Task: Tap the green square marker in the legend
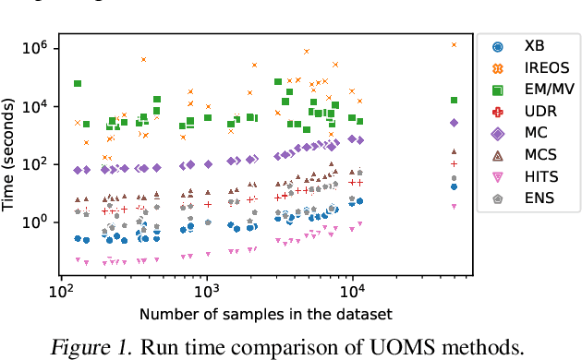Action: click(x=498, y=90)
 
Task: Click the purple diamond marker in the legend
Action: click(x=498, y=134)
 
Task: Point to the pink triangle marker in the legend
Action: click(x=498, y=178)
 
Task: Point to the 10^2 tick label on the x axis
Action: click(x=61, y=289)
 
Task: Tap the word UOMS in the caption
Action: click(x=406, y=346)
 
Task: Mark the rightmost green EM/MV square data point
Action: click(x=454, y=100)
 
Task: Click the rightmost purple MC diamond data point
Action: click(x=454, y=122)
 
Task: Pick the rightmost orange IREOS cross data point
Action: click(x=454, y=44)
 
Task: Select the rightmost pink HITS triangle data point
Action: click(x=454, y=206)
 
